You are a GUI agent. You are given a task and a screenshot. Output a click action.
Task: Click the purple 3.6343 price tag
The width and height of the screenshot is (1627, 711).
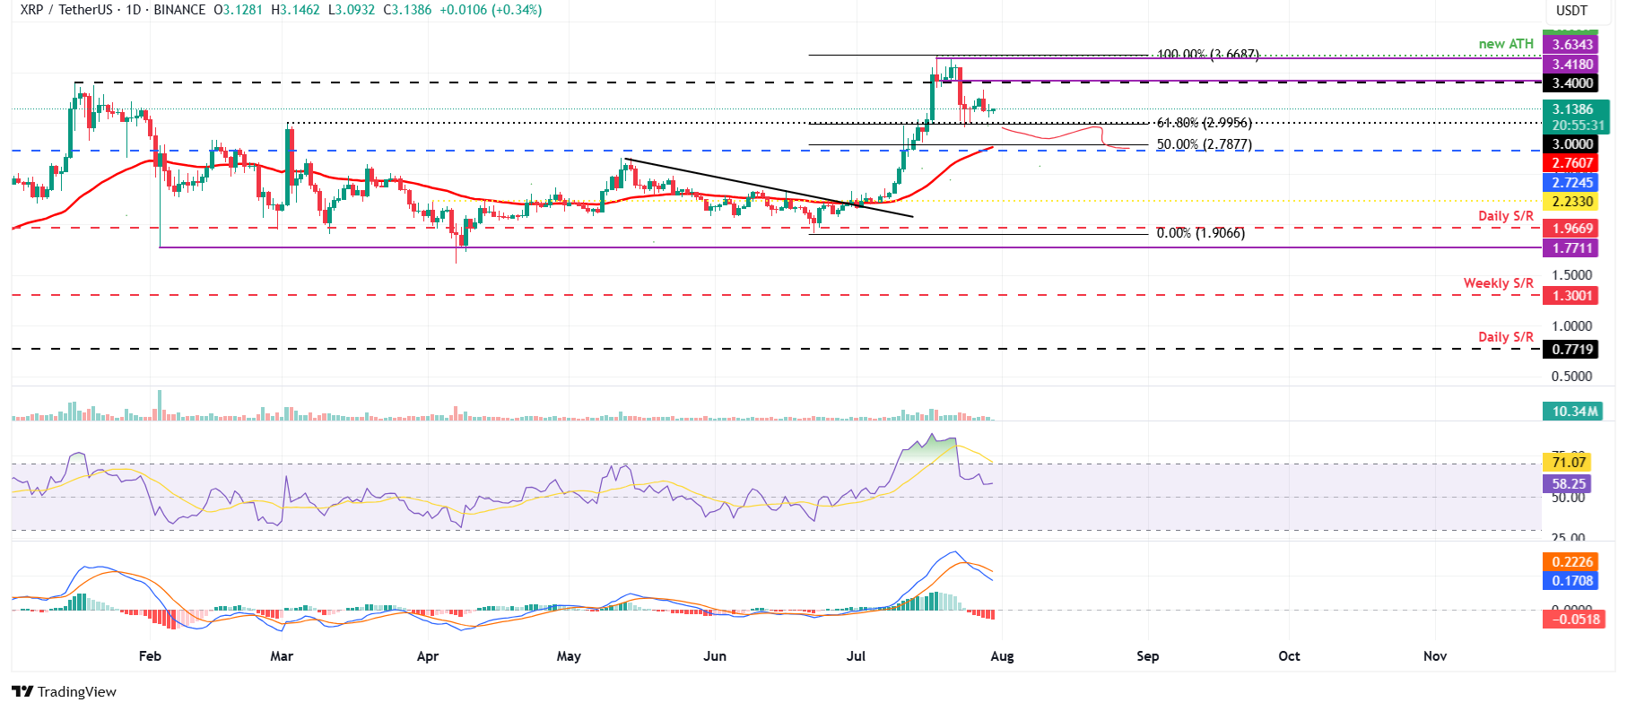[1572, 45]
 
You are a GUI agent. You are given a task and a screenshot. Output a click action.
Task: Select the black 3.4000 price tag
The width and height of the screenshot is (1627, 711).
[1572, 83]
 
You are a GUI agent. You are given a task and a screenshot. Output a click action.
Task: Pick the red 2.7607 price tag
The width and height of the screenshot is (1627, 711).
[1572, 163]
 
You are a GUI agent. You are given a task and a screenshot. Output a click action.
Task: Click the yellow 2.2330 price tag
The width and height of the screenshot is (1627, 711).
[1572, 202]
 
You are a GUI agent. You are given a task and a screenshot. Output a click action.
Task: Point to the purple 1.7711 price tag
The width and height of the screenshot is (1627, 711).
[1572, 248]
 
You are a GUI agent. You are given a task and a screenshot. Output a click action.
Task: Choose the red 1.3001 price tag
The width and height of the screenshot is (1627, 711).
[1572, 296]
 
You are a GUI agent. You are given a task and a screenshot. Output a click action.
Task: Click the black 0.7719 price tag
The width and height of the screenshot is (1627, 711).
[1572, 350]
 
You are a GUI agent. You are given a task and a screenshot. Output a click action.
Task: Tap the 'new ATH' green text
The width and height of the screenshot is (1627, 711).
[1506, 44]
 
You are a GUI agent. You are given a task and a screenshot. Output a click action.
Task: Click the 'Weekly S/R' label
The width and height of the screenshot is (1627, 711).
[1498, 283]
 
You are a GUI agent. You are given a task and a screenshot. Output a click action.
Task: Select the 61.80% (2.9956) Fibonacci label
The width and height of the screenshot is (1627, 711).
[1204, 123]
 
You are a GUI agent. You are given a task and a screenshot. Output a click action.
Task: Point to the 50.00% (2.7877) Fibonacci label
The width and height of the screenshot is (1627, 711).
[1204, 144]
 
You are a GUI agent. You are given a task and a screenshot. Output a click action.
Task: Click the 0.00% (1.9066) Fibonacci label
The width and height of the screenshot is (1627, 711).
[1200, 233]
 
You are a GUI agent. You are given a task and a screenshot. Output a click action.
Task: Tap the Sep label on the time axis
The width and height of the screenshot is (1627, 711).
[1147, 656]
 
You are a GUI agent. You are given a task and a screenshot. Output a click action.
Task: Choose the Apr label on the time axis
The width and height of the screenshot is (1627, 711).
[428, 656]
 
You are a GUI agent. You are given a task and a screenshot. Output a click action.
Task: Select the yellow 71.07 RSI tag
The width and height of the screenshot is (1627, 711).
[1569, 463]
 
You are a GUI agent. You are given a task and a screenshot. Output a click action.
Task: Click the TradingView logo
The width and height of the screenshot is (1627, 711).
[65, 692]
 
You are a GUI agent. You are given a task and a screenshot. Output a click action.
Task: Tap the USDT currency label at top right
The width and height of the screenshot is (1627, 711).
[1571, 11]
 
